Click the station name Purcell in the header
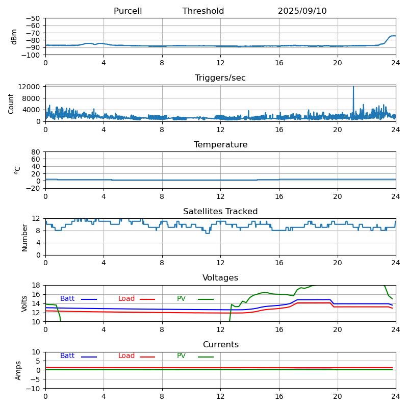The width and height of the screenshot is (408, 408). coord(127,11)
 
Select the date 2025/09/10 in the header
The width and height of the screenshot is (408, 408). coord(302,11)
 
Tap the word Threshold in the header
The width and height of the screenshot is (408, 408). coord(203,11)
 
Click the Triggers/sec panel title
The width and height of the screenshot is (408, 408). coord(220,78)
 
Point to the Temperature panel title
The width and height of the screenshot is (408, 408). coord(220,145)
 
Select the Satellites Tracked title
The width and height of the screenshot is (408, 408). coord(220,212)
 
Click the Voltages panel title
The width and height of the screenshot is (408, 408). coord(220,278)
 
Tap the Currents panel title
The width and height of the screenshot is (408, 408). coord(220,345)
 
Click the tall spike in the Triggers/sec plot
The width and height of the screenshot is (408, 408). coord(353,88)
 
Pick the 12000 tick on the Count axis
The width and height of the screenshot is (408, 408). coord(31,87)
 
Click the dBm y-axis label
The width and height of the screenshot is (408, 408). coord(14,36)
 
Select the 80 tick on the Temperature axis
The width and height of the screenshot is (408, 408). coord(36,152)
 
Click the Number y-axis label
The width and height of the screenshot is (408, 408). coord(24,237)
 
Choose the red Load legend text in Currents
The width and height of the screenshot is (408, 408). coord(126,356)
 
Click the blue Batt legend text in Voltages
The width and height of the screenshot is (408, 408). coord(67,299)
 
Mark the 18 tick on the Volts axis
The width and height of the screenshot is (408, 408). coord(36,285)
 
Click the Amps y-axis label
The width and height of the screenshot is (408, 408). coord(18,370)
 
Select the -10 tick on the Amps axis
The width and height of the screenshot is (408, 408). coord(33,389)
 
